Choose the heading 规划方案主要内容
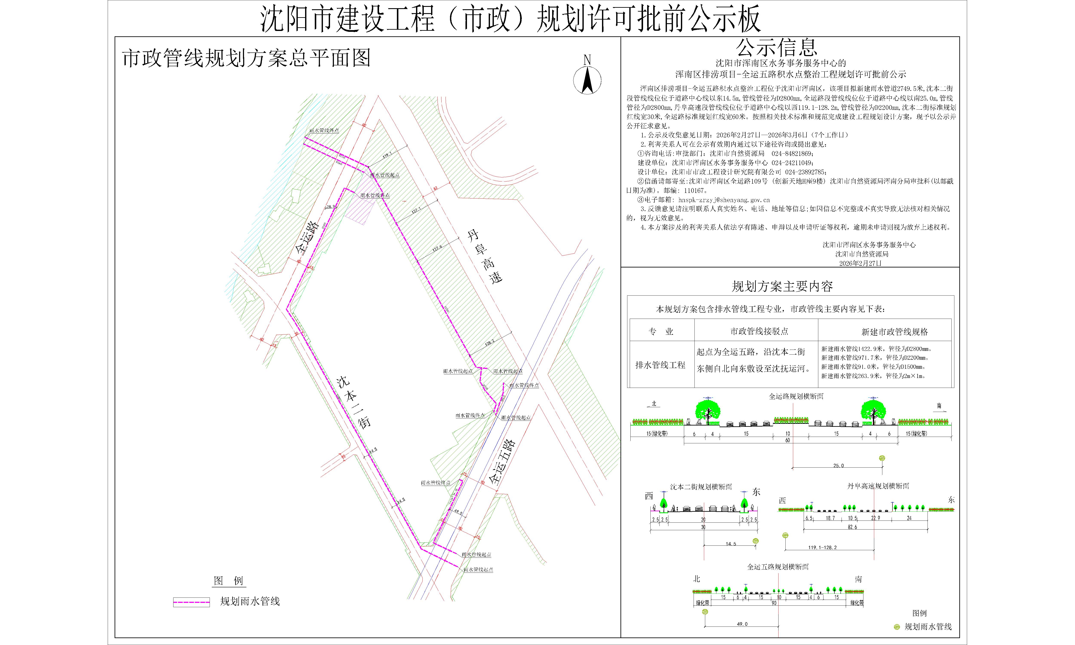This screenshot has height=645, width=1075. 782,286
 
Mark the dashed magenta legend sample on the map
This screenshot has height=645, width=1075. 192,602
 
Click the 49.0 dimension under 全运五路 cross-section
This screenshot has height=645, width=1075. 742,624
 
